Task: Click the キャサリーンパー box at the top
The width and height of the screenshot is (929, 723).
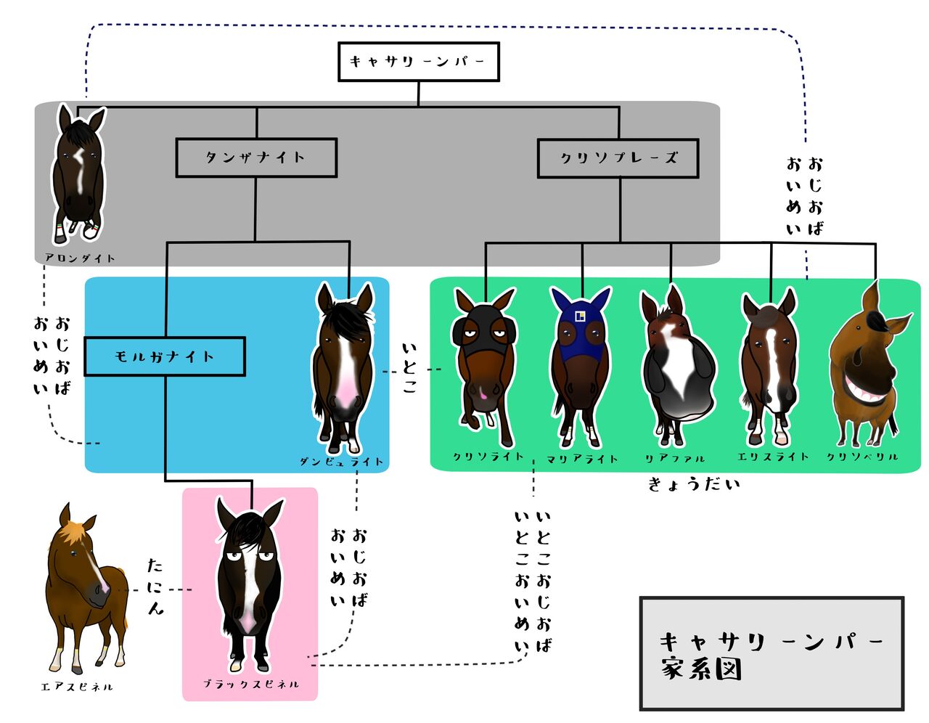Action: click(x=418, y=62)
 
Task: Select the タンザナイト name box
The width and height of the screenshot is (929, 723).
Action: click(x=256, y=158)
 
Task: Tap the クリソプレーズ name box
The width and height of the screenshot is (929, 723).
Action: click(x=618, y=158)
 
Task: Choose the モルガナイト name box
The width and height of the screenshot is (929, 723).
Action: click(x=165, y=356)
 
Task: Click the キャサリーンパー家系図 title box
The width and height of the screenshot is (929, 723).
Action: click(x=772, y=653)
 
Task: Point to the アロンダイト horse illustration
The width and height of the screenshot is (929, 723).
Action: click(x=78, y=174)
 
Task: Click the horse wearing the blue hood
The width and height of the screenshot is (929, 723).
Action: click(x=581, y=367)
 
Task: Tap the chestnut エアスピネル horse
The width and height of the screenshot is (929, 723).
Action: click(x=83, y=588)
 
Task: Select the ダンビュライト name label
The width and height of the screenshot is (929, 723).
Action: click(x=341, y=462)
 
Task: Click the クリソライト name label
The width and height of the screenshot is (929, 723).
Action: click(x=488, y=457)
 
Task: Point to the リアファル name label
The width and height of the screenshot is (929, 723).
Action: click(x=675, y=459)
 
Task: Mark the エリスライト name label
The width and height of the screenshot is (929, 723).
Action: click(x=772, y=457)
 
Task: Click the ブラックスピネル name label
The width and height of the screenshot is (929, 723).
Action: click(x=250, y=684)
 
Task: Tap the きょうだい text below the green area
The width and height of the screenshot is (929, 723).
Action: click(x=694, y=483)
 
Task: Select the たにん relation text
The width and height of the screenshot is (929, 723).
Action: click(x=155, y=587)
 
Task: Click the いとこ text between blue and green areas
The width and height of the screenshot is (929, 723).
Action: click(x=409, y=368)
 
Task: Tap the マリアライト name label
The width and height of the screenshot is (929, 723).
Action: click(x=582, y=459)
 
